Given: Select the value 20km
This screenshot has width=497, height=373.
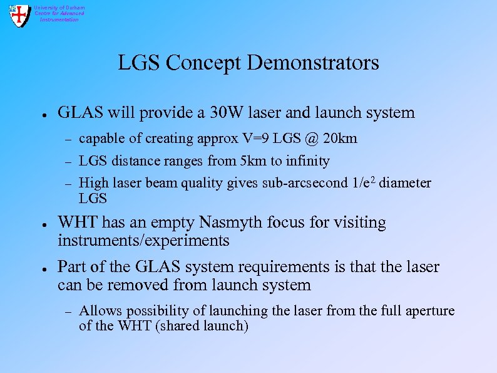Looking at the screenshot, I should click(x=340, y=139).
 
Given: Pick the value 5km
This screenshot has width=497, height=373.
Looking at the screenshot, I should click(x=254, y=161).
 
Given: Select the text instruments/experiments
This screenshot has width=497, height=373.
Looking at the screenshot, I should click(x=143, y=241).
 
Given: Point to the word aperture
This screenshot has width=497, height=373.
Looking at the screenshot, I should click(x=429, y=311).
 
